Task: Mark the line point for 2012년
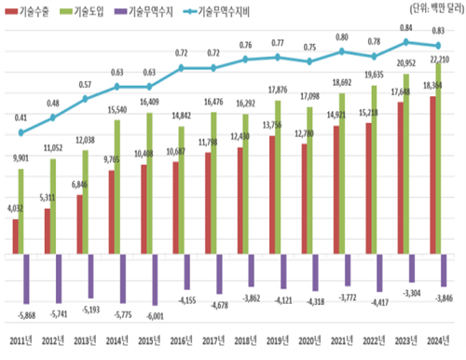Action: (52, 118)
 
